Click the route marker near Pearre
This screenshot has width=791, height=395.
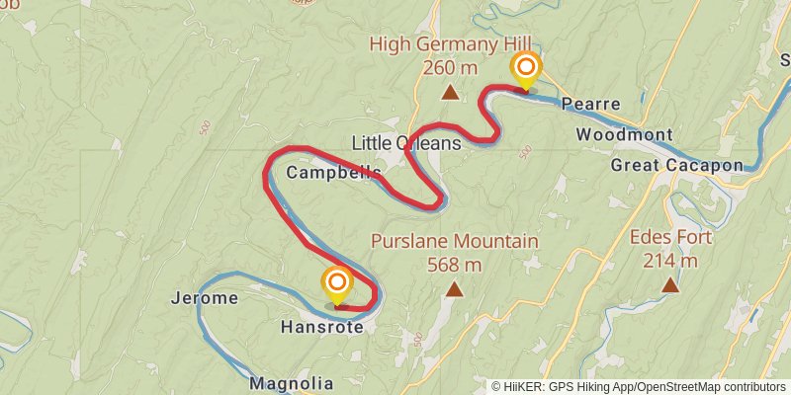tap(526, 69)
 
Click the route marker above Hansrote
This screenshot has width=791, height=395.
tap(337, 284)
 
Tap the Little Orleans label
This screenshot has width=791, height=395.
tap(406, 143)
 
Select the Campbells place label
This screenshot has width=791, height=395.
tap(333, 173)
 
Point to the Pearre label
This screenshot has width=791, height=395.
tap(590, 104)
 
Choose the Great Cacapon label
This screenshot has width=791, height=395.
tap(676, 165)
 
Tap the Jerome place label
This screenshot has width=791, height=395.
tap(205, 298)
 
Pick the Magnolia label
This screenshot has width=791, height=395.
tap(292, 383)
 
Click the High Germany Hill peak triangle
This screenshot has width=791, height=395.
tap(450, 93)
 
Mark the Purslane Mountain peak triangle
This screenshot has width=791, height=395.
tap(454, 289)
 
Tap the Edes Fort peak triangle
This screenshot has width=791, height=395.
tap(670, 285)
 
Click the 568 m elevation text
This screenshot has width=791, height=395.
tap(454, 264)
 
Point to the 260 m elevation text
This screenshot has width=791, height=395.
tap(450, 68)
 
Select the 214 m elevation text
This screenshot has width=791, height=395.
tap(669, 261)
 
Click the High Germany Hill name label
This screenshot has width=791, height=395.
tap(450, 43)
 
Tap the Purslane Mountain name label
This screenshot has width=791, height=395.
tap(455, 241)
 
